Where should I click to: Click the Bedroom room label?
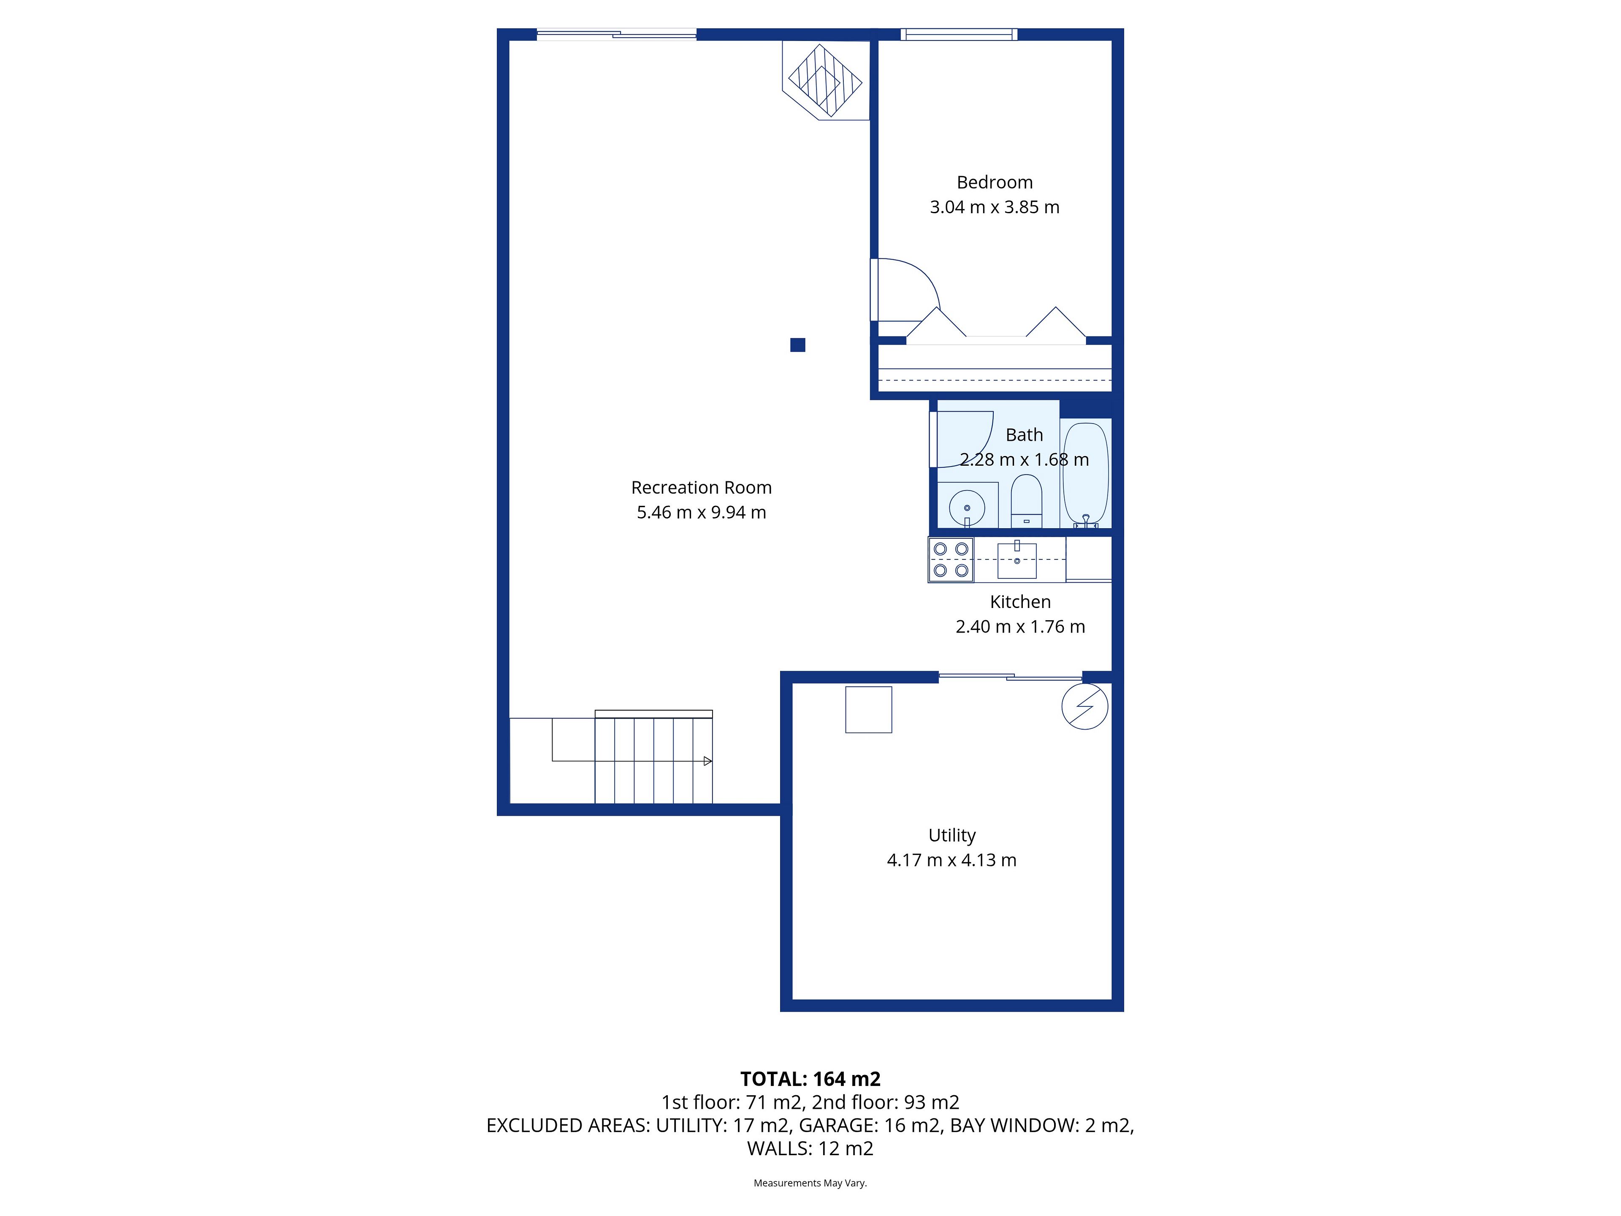click(x=995, y=182)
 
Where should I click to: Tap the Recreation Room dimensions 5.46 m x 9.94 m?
click(x=701, y=512)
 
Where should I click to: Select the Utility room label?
click(x=952, y=836)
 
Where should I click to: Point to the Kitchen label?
click(x=1020, y=602)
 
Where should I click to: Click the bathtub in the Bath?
click(x=1085, y=473)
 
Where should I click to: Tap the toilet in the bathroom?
click(x=1026, y=501)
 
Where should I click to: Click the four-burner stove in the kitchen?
click(x=951, y=560)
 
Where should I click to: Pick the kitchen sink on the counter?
click(x=1017, y=560)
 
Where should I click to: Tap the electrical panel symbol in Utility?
click(x=1084, y=706)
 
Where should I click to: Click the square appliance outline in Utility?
click(x=868, y=709)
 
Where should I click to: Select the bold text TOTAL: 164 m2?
click(x=810, y=1079)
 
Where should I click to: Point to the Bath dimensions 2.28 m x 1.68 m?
click(x=1025, y=459)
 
